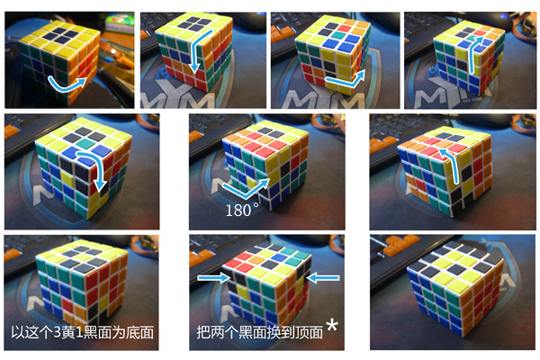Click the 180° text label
(242, 210)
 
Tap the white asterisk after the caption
(332, 325)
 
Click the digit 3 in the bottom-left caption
(57, 333)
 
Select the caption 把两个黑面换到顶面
(260, 333)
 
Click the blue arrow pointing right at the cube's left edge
(212, 277)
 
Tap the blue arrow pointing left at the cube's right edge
(324, 278)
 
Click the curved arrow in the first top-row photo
(67, 84)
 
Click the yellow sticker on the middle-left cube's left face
(67, 179)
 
